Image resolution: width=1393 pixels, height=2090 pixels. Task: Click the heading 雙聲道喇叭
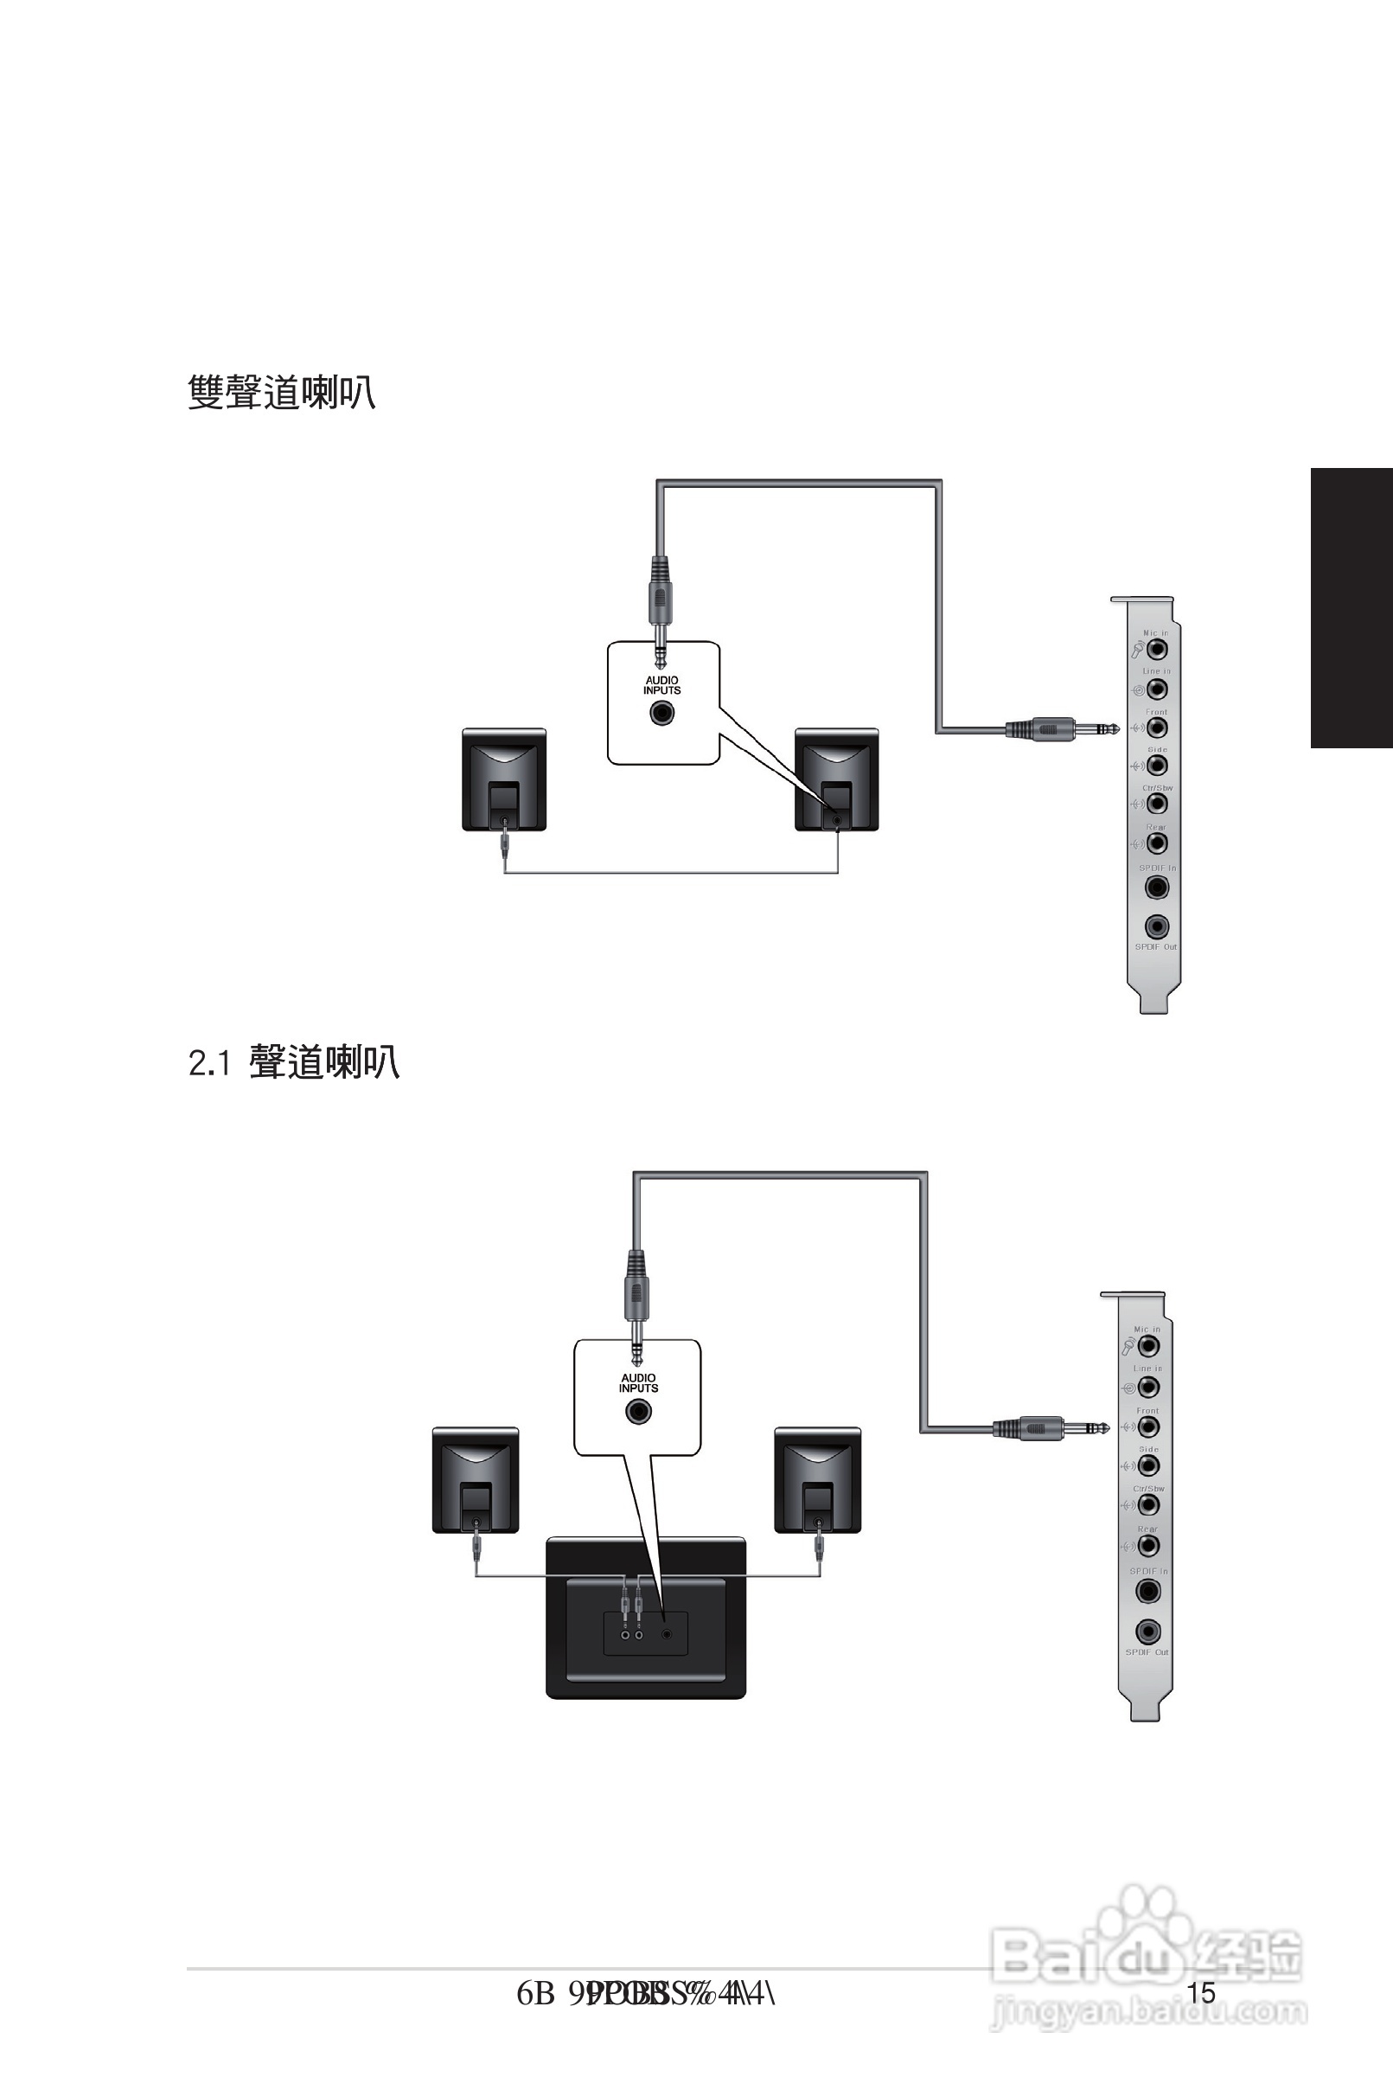click(282, 392)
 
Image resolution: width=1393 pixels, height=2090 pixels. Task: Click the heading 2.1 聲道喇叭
click(294, 1062)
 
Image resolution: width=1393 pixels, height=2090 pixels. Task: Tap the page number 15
click(1201, 1992)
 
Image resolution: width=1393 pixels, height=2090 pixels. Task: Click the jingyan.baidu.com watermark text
click(1148, 2011)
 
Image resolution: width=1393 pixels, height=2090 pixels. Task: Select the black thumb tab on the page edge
click(1351, 608)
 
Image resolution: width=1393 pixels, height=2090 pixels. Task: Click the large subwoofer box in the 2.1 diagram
click(646, 1618)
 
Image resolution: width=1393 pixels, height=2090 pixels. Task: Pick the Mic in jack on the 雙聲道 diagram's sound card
click(1157, 649)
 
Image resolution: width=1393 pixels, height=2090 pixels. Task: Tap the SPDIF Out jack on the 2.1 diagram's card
click(1147, 1632)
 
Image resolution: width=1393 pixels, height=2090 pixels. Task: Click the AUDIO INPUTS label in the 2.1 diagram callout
click(639, 1383)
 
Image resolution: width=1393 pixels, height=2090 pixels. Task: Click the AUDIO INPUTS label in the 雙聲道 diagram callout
click(661, 685)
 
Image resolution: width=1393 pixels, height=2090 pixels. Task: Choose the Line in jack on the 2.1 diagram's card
click(1147, 1387)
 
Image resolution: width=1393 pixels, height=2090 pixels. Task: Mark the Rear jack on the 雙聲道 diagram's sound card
click(1157, 843)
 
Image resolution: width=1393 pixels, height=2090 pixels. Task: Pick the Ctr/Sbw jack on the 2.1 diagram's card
click(1147, 1504)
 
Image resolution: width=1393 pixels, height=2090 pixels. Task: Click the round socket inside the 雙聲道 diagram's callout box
click(661, 713)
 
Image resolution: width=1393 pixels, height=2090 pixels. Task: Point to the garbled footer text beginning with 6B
click(646, 1994)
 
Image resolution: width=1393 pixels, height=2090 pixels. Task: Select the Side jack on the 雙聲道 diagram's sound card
click(1157, 765)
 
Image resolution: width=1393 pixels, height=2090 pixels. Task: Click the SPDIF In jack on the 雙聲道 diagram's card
click(1157, 887)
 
